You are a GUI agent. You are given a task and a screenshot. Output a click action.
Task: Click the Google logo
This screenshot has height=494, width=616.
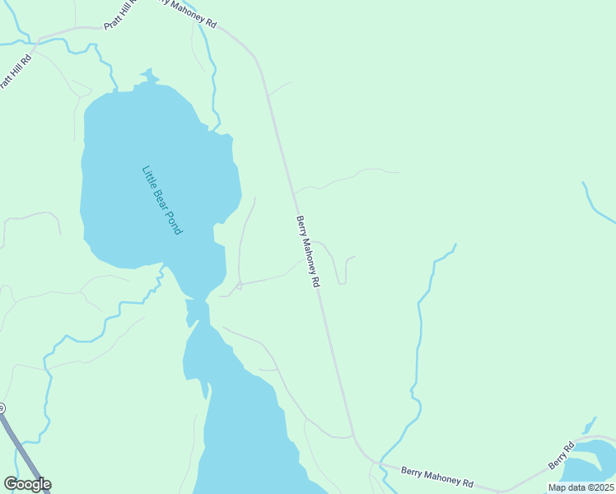point(27,484)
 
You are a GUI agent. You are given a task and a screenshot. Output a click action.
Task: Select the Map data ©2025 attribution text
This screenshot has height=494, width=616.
point(581,487)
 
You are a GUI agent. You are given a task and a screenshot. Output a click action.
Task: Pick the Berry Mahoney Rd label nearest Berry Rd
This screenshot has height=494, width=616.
point(437,477)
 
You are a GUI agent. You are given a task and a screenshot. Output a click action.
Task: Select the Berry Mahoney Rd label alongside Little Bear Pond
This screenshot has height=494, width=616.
point(308,251)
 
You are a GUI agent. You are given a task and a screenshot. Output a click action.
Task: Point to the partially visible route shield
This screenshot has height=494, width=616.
point(2,408)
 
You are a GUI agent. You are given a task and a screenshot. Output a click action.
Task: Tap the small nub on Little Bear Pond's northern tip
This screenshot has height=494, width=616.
point(148,76)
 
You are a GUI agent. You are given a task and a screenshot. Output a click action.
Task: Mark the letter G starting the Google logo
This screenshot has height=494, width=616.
point(10,484)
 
